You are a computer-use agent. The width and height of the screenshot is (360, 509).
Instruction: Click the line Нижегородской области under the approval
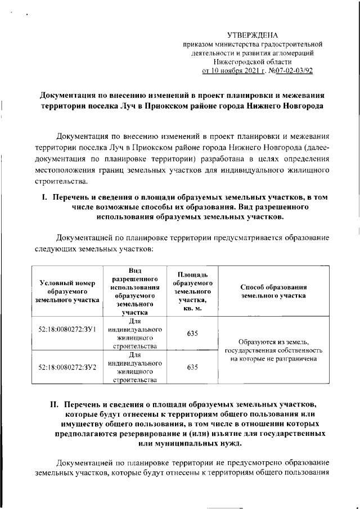point(253,62)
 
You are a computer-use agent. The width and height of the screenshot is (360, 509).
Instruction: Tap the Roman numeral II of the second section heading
point(55,404)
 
